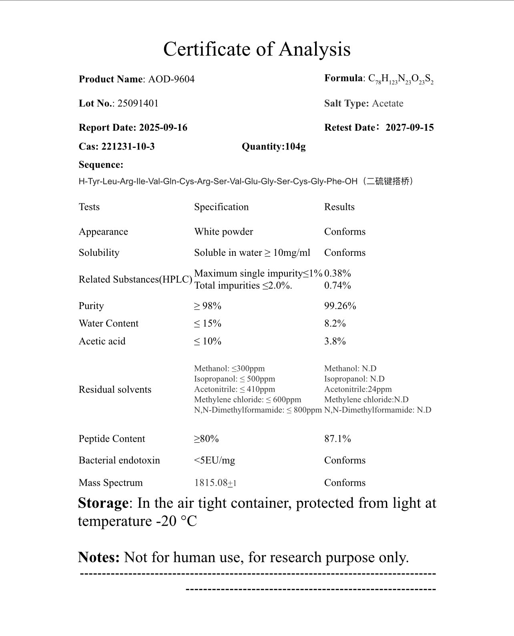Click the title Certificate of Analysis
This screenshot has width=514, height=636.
[x=257, y=49]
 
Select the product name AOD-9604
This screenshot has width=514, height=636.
[x=171, y=79]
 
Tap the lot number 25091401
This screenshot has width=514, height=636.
[x=138, y=103]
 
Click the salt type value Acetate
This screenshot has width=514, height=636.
[x=387, y=103]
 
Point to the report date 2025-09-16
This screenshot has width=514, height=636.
[x=163, y=128]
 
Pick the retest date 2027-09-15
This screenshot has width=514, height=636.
[x=409, y=128]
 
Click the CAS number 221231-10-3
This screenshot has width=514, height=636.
[x=128, y=146]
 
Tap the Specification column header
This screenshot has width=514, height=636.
[x=221, y=207]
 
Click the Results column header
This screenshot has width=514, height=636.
[x=339, y=207]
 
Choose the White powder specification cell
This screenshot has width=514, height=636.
[x=223, y=231]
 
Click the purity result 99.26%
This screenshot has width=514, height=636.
[x=340, y=306]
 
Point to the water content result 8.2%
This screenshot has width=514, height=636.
[x=335, y=323]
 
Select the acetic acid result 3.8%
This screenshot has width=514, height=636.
[x=335, y=341]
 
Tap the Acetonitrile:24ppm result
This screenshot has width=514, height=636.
[x=358, y=389]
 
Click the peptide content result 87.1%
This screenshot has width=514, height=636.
[x=337, y=439]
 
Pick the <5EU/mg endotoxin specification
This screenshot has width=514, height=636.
[x=214, y=460]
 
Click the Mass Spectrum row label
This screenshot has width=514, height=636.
[x=110, y=482]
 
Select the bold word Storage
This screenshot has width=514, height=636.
[x=103, y=503]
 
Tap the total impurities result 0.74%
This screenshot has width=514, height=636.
[x=337, y=285]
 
